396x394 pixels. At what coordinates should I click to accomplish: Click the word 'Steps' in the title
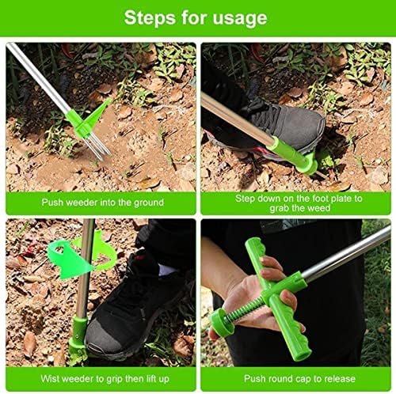(150, 18)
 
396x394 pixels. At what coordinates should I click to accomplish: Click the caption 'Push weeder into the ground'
(103, 203)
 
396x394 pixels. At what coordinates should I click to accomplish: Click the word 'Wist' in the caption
(50, 379)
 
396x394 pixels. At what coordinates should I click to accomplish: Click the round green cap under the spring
(221, 321)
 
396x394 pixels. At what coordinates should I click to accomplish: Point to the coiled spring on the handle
(246, 309)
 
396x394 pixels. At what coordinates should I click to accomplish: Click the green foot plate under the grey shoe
(307, 165)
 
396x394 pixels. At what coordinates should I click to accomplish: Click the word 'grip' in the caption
(114, 379)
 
